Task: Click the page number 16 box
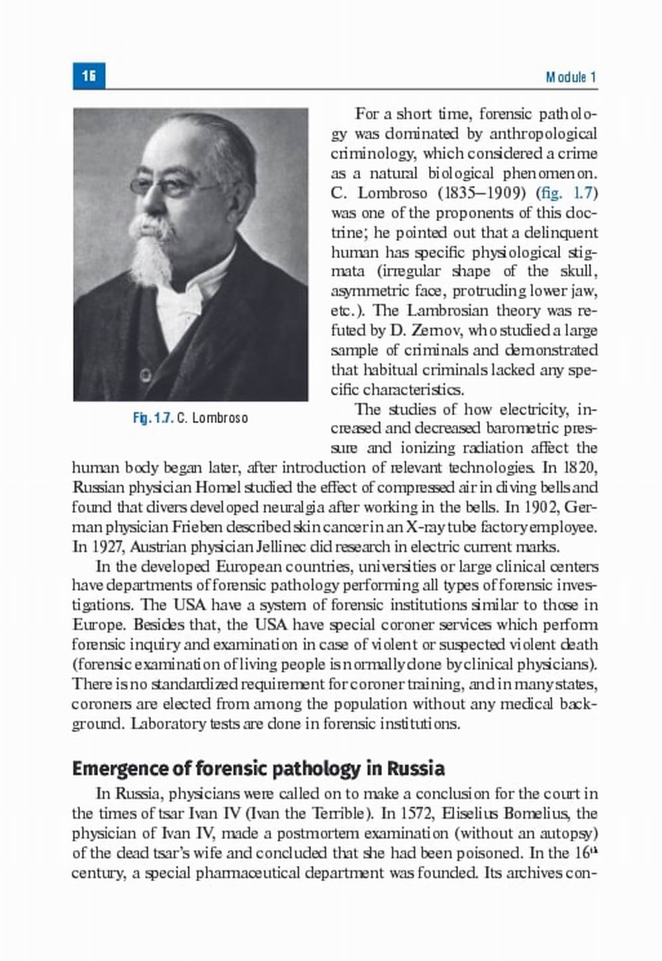pyautogui.click(x=89, y=76)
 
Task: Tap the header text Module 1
pyautogui.click(x=571, y=77)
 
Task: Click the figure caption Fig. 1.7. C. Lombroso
pyautogui.click(x=191, y=418)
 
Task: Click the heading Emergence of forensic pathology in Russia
pyautogui.click(x=258, y=769)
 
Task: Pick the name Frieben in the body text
pyautogui.click(x=208, y=527)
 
